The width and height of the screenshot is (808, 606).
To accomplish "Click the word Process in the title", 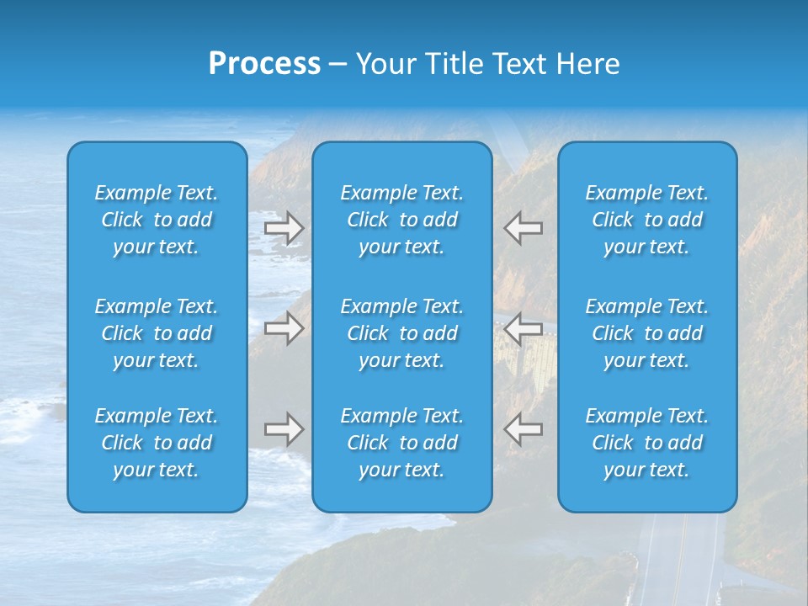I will click(x=264, y=64).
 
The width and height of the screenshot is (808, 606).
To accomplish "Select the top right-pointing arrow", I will click(x=284, y=228).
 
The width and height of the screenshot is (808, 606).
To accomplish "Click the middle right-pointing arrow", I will click(x=284, y=328).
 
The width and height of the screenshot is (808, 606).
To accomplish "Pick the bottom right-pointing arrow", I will click(x=284, y=429).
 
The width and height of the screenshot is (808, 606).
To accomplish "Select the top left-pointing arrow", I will click(x=523, y=228).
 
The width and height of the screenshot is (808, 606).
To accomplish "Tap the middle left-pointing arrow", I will click(x=523, y=328).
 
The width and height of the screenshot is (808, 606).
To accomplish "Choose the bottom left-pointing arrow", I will click(x=523, y=429).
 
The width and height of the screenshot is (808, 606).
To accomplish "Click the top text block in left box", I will click(x=157, y=220).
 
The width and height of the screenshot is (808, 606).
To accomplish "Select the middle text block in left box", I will click(x=157, y=333).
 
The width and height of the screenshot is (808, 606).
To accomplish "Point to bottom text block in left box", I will click(x=157, y=443).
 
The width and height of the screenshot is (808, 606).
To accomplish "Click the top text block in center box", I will click(x=402, y=220).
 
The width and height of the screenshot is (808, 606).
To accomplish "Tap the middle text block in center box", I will click(x=402, y=333).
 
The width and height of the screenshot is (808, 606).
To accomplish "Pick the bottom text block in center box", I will click(x=402, y=443).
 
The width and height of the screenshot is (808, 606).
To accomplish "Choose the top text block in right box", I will click(x=647, y=220).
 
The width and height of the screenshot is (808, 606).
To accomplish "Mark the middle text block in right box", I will click(x=647, y=333).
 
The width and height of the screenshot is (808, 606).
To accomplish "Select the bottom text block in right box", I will click(x=647, y=443).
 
